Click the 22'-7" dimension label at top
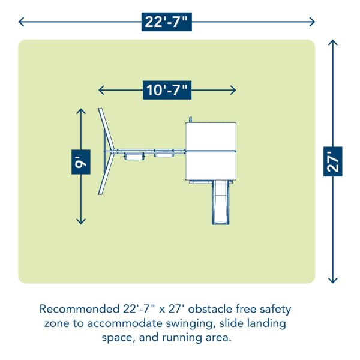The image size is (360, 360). (x=167, y=22)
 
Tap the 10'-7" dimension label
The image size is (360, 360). (x=167, y=90)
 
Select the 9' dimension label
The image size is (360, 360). (x=81, y=161)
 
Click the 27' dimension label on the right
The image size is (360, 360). (x=334, y=161)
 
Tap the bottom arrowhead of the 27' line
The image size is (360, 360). (x=334, y=280)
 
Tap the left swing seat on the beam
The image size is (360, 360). (x=134, y=157)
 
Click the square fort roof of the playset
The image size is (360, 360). (x=211, y=151)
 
